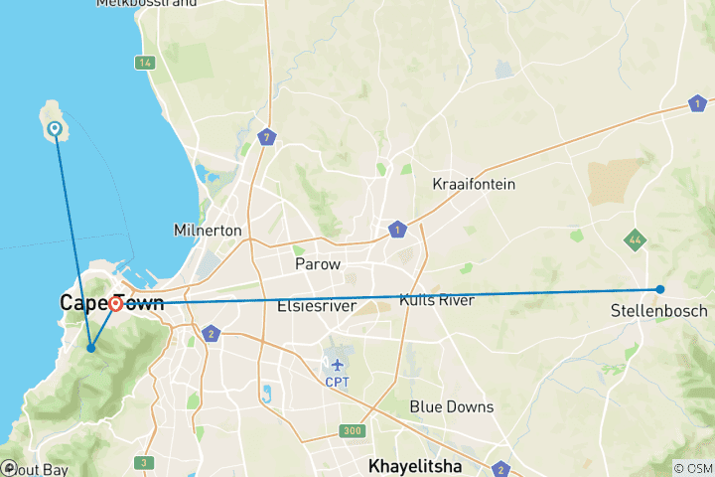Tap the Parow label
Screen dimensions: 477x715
coord(318,264)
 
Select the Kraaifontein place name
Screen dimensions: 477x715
coord(472,184)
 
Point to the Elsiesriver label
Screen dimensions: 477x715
coord(317,305)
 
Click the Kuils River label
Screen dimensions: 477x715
coord(436,299)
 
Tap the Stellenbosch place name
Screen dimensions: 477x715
coord(659,311)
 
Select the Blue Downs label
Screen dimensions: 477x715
coord(452,407)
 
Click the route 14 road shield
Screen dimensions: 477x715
coord(146,63)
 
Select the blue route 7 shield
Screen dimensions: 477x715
coord(265,137)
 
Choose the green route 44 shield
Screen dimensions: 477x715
coord(634,239)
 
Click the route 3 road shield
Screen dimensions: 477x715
coord(144,462)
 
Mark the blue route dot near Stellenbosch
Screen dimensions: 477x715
coord(660,289)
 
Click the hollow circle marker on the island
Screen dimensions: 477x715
coord(56,128)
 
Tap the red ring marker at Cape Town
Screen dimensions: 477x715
coord(116,304)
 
